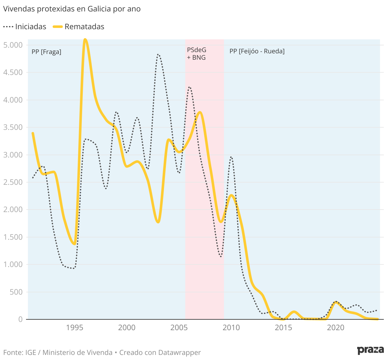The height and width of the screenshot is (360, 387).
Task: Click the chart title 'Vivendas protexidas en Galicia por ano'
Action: [72, 9]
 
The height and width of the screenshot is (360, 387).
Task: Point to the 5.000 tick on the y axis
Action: [13, 45]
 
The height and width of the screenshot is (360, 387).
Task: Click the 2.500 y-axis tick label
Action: [13, 182]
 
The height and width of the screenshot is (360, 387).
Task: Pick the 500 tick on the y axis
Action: [16, 292]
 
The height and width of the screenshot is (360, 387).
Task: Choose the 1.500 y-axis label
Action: [13, 237]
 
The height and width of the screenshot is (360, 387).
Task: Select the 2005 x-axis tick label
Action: [179, 328]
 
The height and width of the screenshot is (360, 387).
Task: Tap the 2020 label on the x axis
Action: [336, 328]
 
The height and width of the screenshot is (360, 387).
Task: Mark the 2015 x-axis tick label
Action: [283, 328]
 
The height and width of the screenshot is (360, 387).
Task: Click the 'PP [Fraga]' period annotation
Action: [46, 52]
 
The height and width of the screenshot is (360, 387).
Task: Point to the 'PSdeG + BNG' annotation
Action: [197, 54]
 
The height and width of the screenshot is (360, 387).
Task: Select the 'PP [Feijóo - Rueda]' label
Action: [257, 51]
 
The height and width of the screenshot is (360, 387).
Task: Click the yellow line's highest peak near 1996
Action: [85, 39]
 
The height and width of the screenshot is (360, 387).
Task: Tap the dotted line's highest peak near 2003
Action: [158, 55]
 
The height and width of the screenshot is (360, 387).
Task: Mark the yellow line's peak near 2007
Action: [200, 112]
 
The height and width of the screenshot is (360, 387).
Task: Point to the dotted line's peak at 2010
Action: [231, 157]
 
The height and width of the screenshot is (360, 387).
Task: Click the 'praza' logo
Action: [370, 350]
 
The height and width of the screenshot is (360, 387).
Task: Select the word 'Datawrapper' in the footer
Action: [180, 352]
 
